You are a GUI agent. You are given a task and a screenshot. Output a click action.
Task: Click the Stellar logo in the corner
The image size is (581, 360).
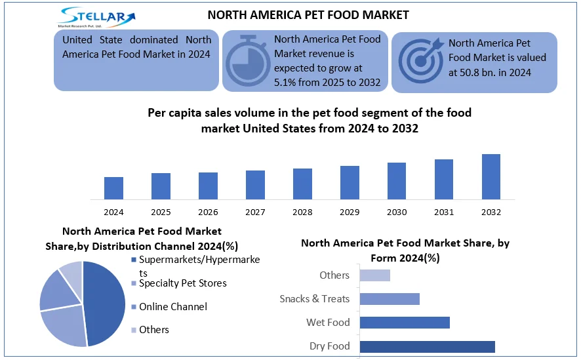click(96, 16)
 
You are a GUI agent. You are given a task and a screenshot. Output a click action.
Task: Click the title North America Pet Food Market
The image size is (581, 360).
click(308, 14)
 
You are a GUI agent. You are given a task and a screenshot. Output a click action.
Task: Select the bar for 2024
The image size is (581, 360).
click(113, 188)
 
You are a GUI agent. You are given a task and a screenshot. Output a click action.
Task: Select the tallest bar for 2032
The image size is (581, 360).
click(491, 176)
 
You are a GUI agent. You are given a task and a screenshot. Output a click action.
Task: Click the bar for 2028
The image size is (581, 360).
click(302, 184)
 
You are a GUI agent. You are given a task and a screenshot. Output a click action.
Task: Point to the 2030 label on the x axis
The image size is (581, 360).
click(397, 212)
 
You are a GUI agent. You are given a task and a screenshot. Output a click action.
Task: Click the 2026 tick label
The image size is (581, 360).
click(208, 212)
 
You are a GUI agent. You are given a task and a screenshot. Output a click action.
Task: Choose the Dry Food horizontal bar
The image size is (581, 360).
click(427, 346)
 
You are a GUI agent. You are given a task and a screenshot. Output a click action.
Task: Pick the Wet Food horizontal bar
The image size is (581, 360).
click(405, 323)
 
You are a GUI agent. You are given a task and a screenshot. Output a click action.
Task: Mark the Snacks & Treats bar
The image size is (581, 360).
click(390, 299)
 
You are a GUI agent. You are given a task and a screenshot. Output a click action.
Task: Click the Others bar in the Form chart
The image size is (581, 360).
click(375, 275)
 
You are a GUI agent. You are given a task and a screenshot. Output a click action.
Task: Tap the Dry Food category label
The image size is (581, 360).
click(330, 346)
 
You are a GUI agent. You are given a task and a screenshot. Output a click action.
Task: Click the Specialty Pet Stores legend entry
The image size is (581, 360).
click(183, 283)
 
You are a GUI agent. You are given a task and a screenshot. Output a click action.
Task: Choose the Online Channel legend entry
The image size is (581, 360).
click(173, 307)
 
